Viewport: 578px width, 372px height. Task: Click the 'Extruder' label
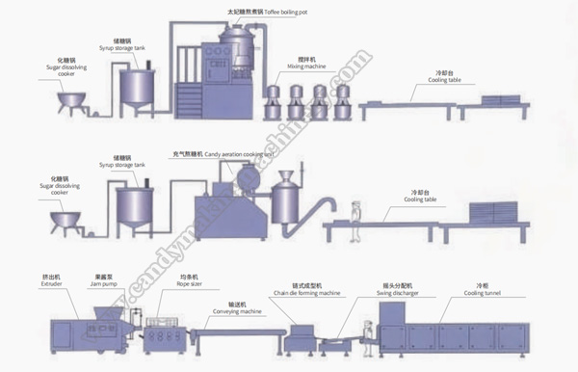pos(51,286)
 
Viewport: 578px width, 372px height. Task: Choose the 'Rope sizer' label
pos(160,286)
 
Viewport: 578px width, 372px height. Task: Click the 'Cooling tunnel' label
pos(483,286)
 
